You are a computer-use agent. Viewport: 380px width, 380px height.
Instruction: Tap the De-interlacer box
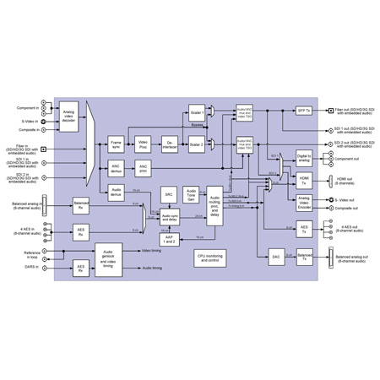169,144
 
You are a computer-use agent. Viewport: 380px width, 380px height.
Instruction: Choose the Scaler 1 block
198,111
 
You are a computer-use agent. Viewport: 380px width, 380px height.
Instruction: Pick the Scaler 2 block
198,144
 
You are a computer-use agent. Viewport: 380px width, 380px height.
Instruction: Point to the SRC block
169,194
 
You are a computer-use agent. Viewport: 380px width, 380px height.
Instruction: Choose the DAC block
275,254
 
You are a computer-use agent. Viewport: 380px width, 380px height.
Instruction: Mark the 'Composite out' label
343,208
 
